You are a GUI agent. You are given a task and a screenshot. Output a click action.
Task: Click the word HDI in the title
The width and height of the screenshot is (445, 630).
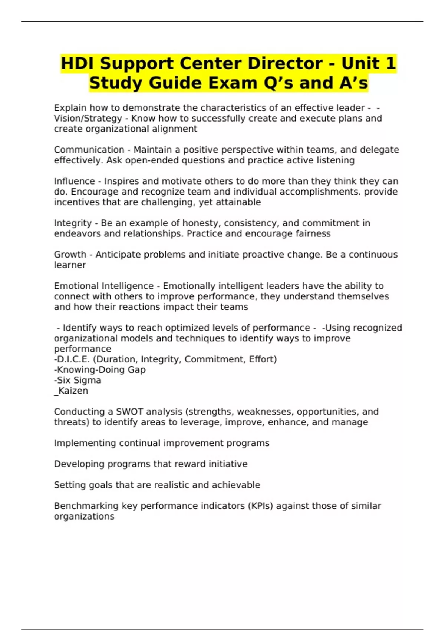pos(78,63)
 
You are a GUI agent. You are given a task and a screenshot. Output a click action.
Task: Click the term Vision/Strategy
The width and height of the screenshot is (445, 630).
pos(88,118)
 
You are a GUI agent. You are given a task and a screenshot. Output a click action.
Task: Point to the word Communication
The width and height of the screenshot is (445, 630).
pos(89,150)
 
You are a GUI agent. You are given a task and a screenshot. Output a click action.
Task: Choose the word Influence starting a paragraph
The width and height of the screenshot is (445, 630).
pos(75,181)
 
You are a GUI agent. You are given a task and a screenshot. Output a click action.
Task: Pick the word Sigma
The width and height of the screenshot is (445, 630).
pos(88,380)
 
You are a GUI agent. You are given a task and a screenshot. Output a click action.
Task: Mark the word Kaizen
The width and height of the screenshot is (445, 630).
pos(73,391)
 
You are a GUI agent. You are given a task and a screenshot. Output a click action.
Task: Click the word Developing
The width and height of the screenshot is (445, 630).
pos(79,464)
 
